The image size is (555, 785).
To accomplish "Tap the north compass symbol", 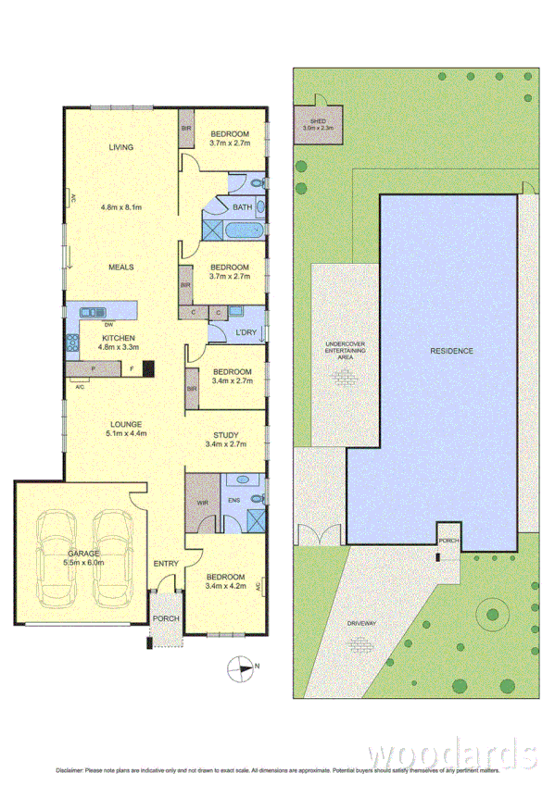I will pos(243,666).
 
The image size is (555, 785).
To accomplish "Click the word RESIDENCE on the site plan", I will pos(451,351).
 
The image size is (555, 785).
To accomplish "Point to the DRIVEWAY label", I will pos(363,624).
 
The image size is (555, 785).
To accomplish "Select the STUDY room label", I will pos(225,435).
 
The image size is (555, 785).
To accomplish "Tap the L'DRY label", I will pos(246,332).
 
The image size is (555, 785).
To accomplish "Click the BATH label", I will pos(243,207).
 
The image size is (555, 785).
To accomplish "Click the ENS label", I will pos(234,504).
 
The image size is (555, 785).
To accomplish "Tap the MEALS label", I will pos(120,268).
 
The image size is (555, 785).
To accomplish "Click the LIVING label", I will pos(120,147).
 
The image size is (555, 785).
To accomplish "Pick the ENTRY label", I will pos(166,564).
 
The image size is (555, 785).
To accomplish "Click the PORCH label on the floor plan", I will pos(167,619).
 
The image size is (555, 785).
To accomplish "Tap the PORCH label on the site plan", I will pos(448,542).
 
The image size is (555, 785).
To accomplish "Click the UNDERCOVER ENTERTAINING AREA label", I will pos(345,349).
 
